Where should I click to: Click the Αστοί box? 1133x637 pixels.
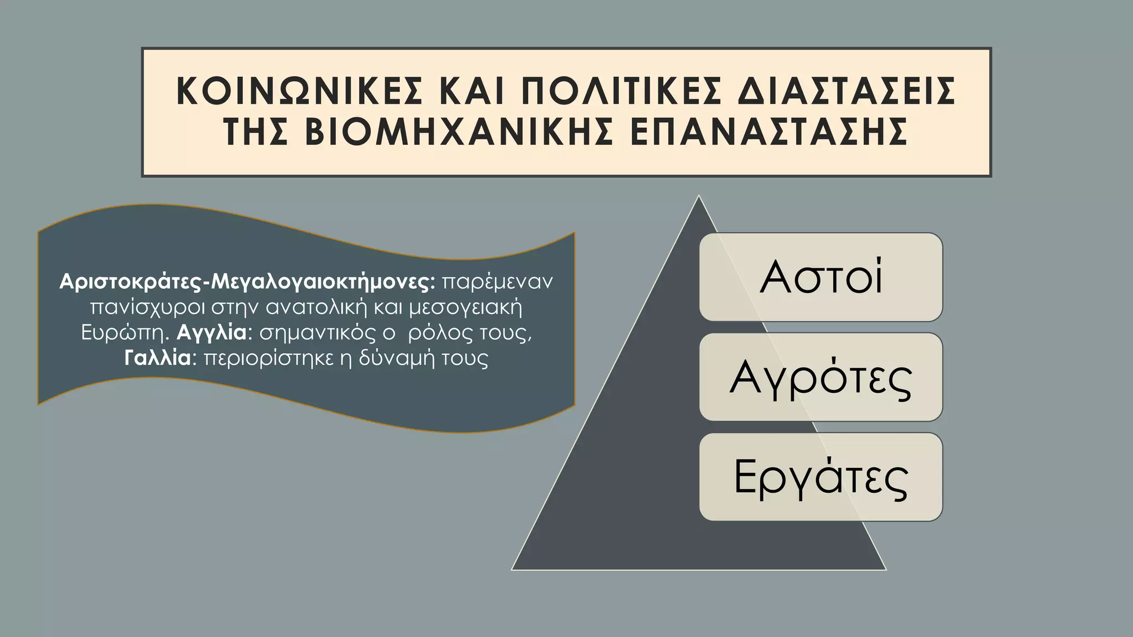click(x=820, y=277)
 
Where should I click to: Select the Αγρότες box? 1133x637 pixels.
click(x=820, y=377)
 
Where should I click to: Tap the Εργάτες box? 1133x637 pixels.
click(x=820, y=477)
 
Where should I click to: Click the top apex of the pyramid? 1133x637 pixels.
click(x=699, y=197)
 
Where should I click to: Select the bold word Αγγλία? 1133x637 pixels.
click(x=212, y=333)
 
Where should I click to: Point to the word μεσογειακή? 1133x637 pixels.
click(x=465, y=307)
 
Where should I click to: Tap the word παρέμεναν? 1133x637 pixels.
click(x=497, y=282)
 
